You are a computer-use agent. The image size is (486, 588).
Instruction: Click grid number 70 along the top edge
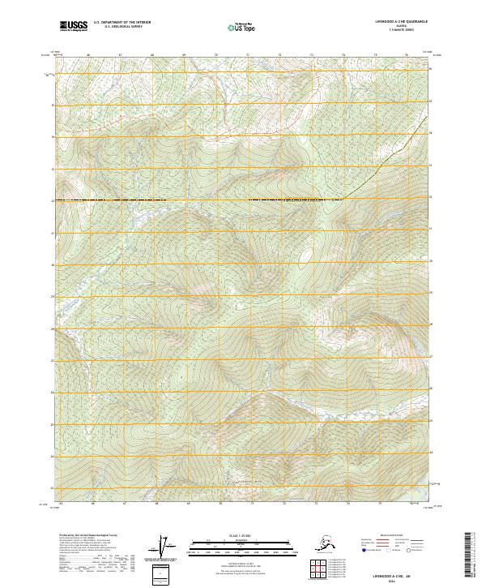click(217, 55)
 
